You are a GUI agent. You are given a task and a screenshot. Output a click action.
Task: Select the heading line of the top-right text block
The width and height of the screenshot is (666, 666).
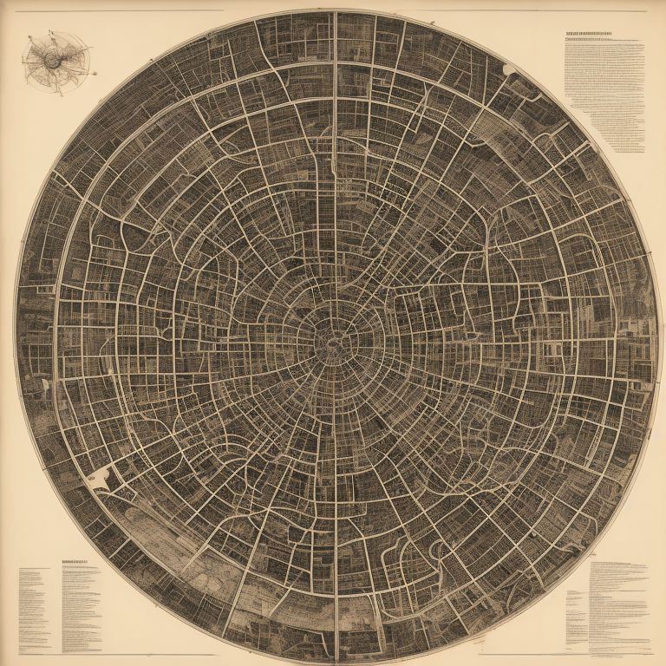click(x=599, y=36)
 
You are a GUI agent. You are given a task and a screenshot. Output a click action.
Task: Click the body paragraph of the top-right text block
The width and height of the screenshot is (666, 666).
click(x=604, y=95)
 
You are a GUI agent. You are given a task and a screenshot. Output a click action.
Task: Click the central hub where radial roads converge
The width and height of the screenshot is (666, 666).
click(x=333, y=336)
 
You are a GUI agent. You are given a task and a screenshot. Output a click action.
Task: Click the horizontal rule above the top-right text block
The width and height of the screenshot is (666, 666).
click(x=538, y=11)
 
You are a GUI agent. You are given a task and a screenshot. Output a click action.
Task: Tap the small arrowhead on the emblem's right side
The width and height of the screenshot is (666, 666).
click(x=87, y=59)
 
